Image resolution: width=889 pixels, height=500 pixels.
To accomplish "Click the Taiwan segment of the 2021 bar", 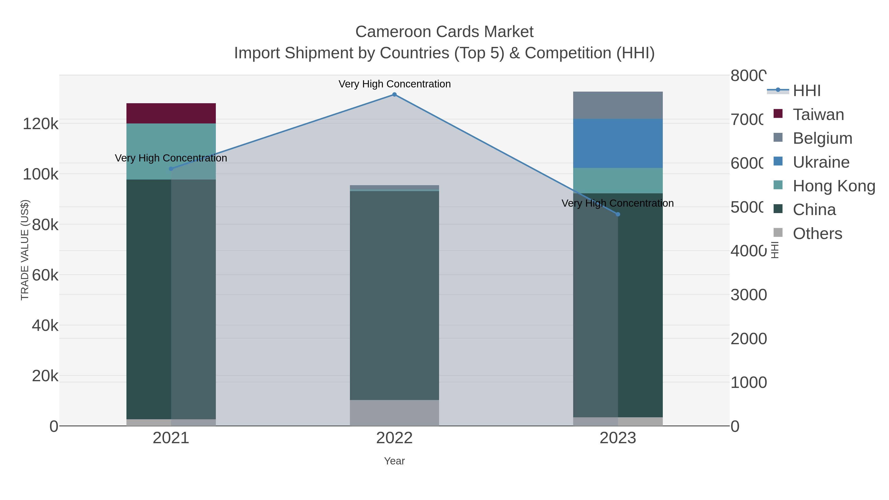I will tap(171, 113).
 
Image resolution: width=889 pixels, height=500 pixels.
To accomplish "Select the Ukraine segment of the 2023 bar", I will tap(618, 143).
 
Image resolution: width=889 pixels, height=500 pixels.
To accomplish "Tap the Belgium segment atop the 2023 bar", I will tap(618, 105).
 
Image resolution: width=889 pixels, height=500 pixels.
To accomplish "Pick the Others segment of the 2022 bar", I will tap(394, 413).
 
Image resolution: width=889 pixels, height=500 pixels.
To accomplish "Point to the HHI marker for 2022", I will tap(394, 95).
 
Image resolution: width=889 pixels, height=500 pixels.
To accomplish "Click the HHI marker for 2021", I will tap(171, 169).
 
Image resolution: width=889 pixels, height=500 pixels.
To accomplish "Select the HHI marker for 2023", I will tap(618, 214).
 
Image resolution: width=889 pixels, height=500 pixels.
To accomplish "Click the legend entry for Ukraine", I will tap(821, 162).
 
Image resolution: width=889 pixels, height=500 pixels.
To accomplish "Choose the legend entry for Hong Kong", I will tap(833, 186).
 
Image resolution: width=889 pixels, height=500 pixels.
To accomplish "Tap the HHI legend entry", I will tap(806, 91).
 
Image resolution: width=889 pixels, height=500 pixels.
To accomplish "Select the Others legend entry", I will tap(817, 234).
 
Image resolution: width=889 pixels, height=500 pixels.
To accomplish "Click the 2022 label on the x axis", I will tap(394, 438).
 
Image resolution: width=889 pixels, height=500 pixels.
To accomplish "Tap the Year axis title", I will tap(394, 461).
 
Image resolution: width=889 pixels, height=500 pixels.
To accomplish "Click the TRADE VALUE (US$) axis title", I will tap(25, 250).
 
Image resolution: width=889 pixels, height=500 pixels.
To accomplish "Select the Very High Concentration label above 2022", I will tap(394, 84).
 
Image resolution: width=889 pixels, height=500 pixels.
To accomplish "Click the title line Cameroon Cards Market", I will tap(444, 32).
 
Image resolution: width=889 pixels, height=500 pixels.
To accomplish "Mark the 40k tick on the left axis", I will tap(45, 325).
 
